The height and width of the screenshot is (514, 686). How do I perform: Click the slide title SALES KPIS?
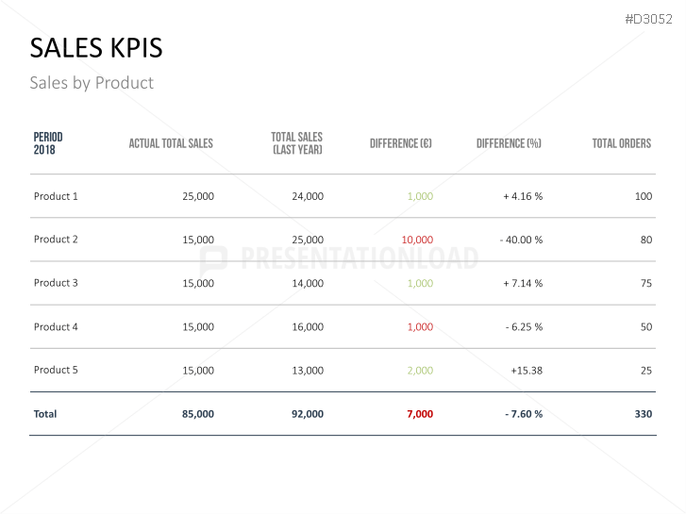(95, 48)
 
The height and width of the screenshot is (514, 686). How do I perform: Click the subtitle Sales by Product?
(92, 83)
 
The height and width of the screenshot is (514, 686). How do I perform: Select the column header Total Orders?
(621, 143)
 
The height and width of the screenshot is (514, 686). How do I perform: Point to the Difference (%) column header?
(509, 143)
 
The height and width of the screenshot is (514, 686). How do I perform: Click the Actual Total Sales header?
(171, 143)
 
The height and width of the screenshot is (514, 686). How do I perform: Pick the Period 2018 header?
(48, 143)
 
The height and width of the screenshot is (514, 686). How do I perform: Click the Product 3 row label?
(56, 283)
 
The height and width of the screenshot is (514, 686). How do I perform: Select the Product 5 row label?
(56, 370)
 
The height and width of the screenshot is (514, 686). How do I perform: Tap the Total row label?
(45, 414)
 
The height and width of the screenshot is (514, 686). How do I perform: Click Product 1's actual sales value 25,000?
(198, 196)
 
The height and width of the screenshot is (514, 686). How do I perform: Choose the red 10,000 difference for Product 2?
(417, 240)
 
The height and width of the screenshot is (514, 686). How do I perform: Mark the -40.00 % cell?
(521, 240)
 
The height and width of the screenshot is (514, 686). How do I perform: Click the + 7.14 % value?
(523, 283)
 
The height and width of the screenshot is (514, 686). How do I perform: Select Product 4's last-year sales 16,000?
(308, 326)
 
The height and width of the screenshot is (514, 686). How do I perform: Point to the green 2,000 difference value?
(420, 371)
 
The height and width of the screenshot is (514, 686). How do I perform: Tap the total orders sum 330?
(643, 414)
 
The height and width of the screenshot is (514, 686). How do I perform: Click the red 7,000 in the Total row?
(420, 414)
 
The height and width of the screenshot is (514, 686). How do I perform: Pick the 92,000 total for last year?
(308, 414)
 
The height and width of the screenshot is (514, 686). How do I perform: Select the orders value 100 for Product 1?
(644, 196)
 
